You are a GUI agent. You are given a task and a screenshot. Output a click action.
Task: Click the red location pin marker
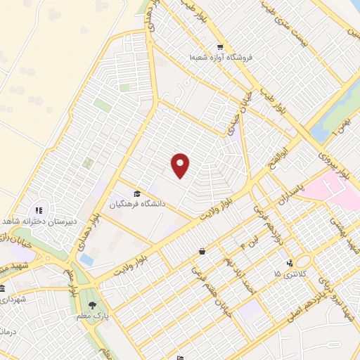click(181, 165)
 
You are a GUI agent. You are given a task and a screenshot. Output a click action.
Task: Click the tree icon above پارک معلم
click(92, 307)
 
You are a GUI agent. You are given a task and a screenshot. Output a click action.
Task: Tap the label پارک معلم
click(96, 317)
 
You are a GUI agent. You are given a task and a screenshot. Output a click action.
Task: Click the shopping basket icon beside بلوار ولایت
click(202, 251)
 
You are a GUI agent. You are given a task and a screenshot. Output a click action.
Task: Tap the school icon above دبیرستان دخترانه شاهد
click(39, 210)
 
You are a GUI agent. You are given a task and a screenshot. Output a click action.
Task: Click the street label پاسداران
click(290, 194)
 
